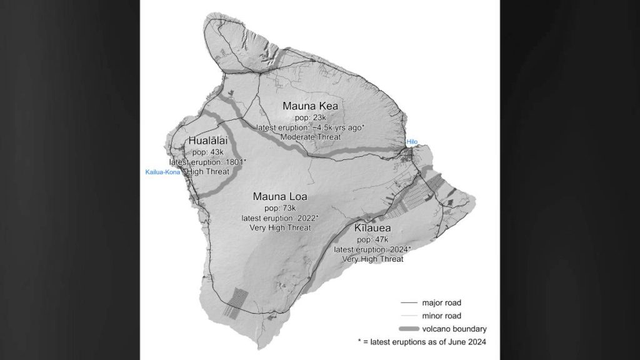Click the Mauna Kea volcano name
[311, 106]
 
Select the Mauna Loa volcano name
[279, 197]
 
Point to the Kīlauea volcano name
[373, 229]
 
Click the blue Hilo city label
[411, 142]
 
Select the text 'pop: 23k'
[311, 117]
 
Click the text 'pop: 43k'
[207, 152]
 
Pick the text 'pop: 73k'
[279, 207]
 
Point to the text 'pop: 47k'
[372, 239]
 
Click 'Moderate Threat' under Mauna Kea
[311, 137]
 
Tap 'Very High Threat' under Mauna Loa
[279, 227]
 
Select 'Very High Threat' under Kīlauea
[373, 259]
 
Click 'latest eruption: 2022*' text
[279, 217]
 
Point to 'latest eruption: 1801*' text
[207, 162]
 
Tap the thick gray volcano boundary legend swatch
[409, 329]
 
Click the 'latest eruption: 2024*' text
[373, 249]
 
